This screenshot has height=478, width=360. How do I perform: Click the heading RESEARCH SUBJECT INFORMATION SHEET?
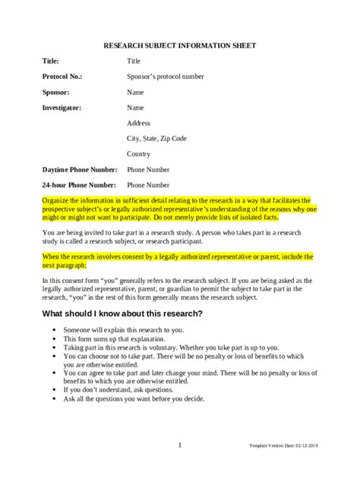click(x=179, y=46)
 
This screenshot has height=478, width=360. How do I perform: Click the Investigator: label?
click(x=62, y=108)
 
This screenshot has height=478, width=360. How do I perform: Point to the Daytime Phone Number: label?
click(x=80, y=169)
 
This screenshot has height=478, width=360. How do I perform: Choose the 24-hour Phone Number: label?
click(x=80, y=184)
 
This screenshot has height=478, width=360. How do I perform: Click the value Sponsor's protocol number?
click(x=165, y=76)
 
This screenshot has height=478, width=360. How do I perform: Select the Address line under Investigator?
click(x=139, y=123)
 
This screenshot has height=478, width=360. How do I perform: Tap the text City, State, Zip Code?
click(x=156, y=138)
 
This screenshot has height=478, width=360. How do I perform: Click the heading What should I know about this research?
click(x=122, y=314)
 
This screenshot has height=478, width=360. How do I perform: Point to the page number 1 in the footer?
click(x=179, y=445)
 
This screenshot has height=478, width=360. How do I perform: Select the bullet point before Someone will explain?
click(x=55, y=331)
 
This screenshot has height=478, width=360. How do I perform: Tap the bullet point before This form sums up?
click(x=55, y=339)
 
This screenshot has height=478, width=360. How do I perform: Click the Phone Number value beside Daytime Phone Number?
click(x=149, y=169)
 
